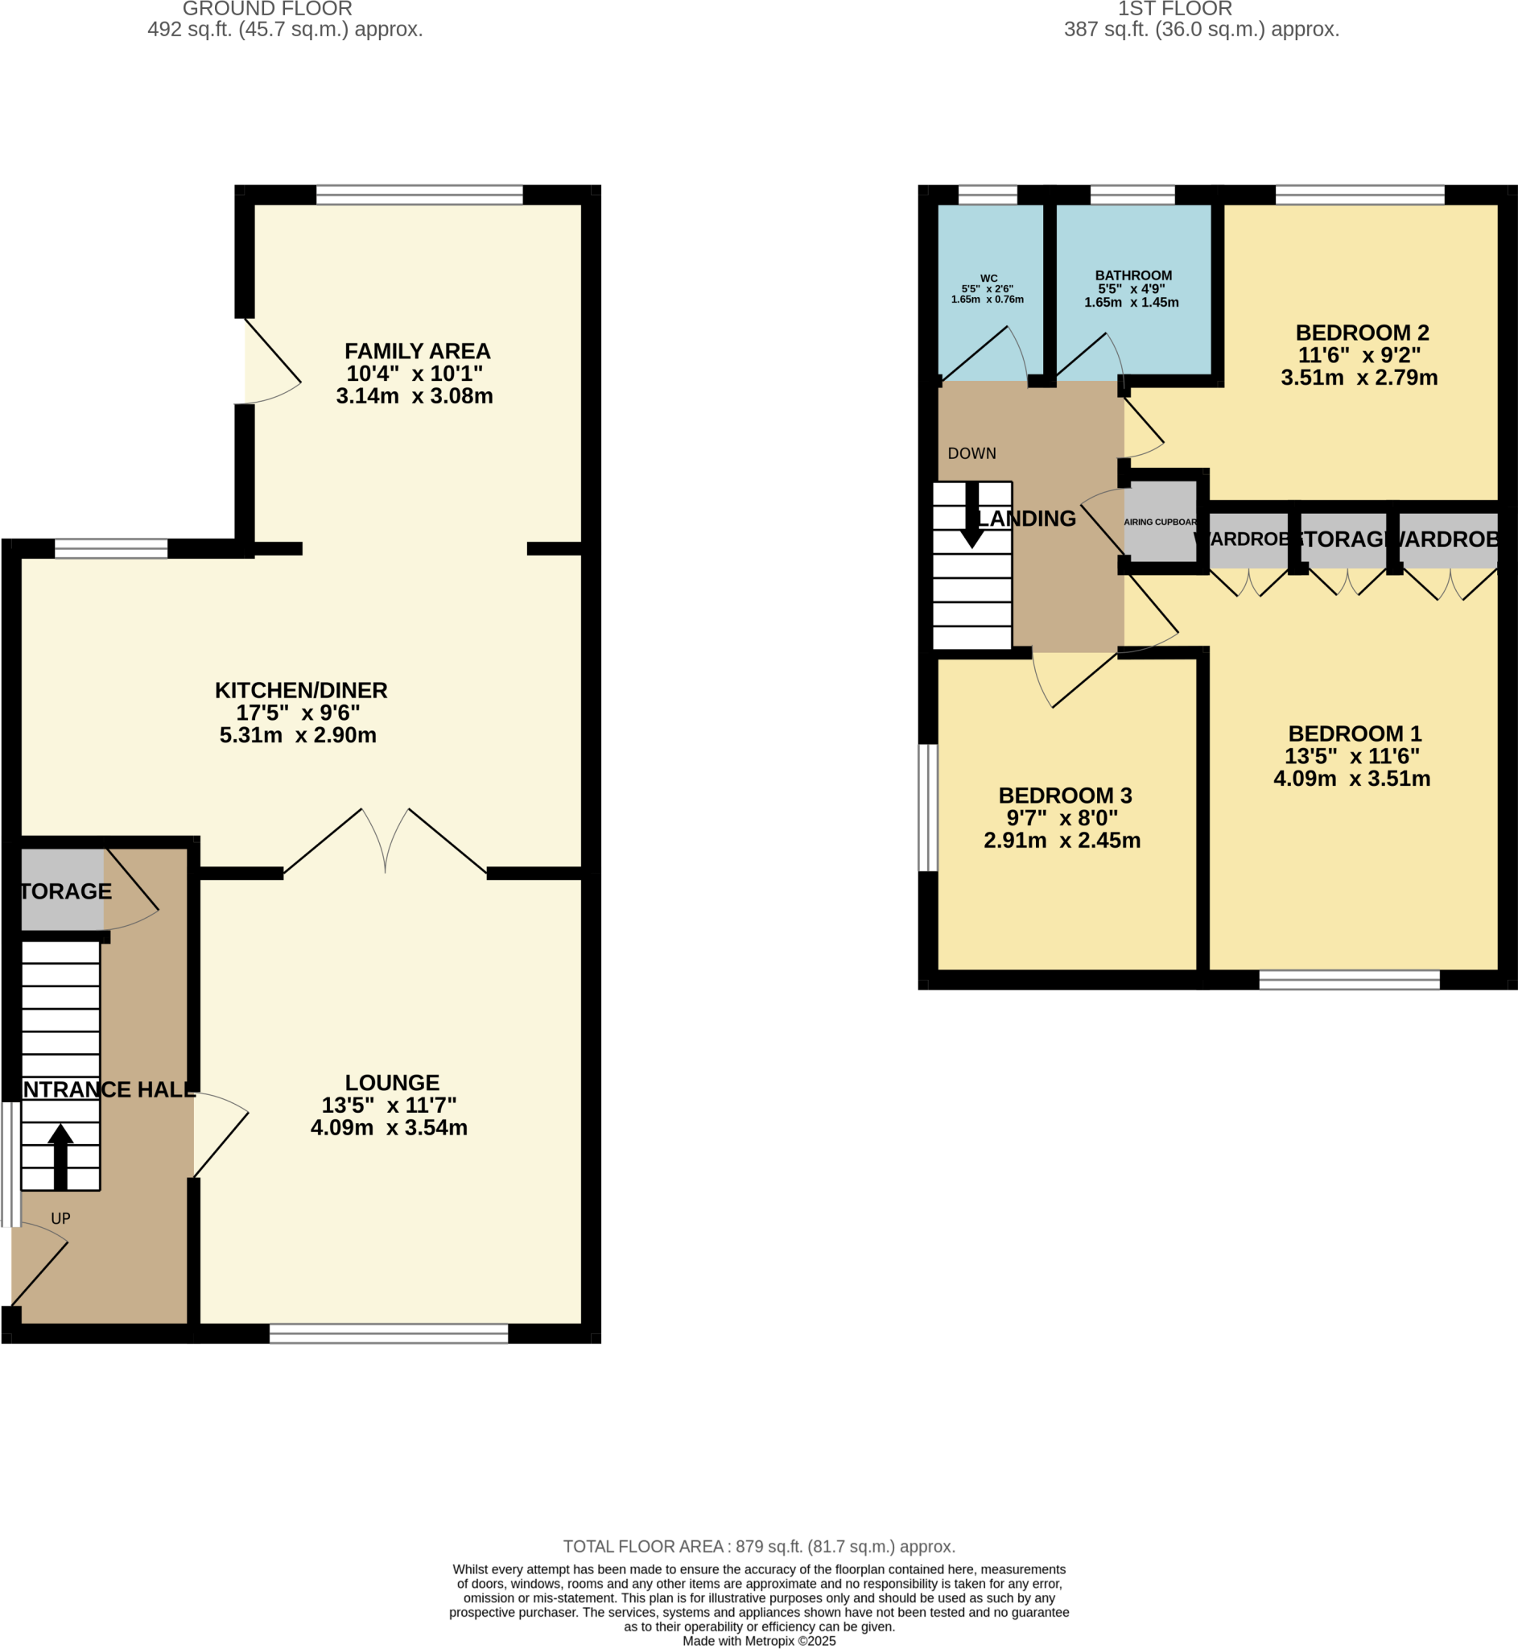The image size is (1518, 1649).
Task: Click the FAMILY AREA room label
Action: pos(417,352)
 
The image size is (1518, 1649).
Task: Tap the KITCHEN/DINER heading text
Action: pos(301,690)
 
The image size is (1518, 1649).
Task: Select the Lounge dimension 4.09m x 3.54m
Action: pos(389,1127)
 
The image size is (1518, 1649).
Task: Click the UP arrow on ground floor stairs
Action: pos(61,1155)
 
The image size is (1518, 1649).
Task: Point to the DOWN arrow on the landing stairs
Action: pos(971,516)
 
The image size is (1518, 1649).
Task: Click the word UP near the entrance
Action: pos(61,1218)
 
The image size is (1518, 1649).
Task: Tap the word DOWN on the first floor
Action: pos(971,453)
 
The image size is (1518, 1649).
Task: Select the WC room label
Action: pos(988,279)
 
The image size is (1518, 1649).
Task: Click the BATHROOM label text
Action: pos(1132,276)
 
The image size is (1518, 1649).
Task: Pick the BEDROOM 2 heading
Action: pos(1362,333)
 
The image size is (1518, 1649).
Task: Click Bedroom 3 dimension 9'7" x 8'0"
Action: pos(1062,818)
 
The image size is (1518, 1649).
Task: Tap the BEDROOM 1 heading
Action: pos(1354,734)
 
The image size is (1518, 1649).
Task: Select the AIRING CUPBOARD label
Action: pos(1160,522)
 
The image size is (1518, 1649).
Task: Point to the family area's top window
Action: pos(419,195)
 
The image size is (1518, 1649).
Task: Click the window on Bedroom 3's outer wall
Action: pos(927,807)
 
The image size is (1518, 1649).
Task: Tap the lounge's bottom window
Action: pos(389,1333)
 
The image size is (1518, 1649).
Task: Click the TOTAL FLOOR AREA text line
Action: pos(758,1546)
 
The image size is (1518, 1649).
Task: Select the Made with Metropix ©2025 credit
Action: pos(758,1641)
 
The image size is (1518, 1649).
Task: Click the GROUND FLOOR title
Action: pos(267,9)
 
